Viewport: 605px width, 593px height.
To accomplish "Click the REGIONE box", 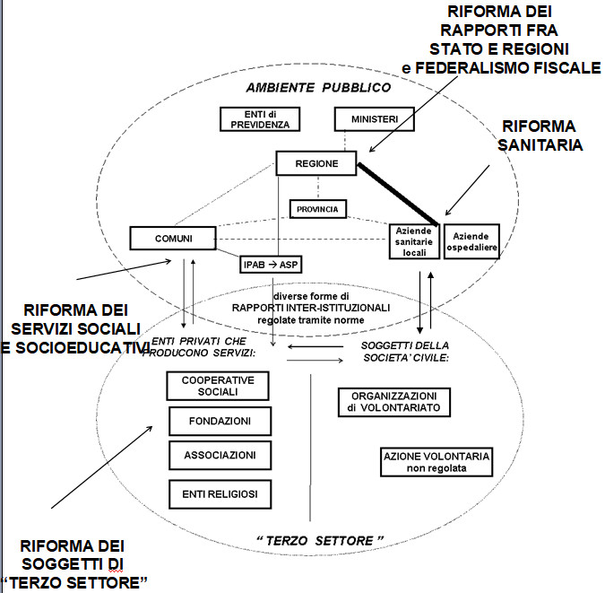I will coord(316,163).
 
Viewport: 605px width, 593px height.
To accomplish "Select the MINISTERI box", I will coord(373,119).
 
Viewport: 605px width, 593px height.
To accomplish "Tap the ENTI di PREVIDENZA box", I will coord(259,119).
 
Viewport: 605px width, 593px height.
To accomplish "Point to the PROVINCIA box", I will coord(318,209).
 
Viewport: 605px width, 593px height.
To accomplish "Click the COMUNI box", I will coord(173,239).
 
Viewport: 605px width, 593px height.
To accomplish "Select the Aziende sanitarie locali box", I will coord(415,241).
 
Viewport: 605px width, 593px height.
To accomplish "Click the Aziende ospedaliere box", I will coord(471,240).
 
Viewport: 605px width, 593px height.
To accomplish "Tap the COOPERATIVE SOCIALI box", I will coord(219,387).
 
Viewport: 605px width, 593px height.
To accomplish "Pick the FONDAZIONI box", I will coord(219,420).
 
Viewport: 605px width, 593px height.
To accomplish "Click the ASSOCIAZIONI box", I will coord(219,455).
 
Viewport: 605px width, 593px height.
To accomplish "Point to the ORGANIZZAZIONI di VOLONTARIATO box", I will coord(394,402).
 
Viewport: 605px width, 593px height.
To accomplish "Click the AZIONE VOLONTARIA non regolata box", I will coord(436,462).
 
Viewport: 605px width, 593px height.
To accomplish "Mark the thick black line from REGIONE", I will coord(398,193).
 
